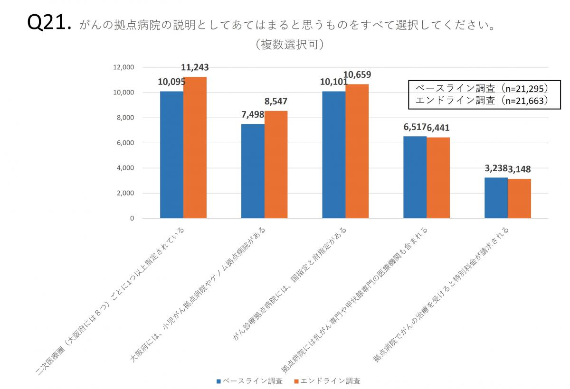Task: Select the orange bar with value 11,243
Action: pos(195,148)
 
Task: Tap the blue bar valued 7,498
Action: pos(253,171)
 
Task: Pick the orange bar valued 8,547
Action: pos(276,165)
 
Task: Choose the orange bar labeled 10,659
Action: pos(357,151)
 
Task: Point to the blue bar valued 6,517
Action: pos(415,177)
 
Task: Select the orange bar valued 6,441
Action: pos(438,178)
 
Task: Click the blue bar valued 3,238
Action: pos(496,198)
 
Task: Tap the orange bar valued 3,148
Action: pos(519,199)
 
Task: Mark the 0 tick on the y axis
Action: pos(132,219)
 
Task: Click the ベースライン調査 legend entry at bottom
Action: pos(249,381)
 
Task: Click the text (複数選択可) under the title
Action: pos(289,45)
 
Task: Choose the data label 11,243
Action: pos(195,67)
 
